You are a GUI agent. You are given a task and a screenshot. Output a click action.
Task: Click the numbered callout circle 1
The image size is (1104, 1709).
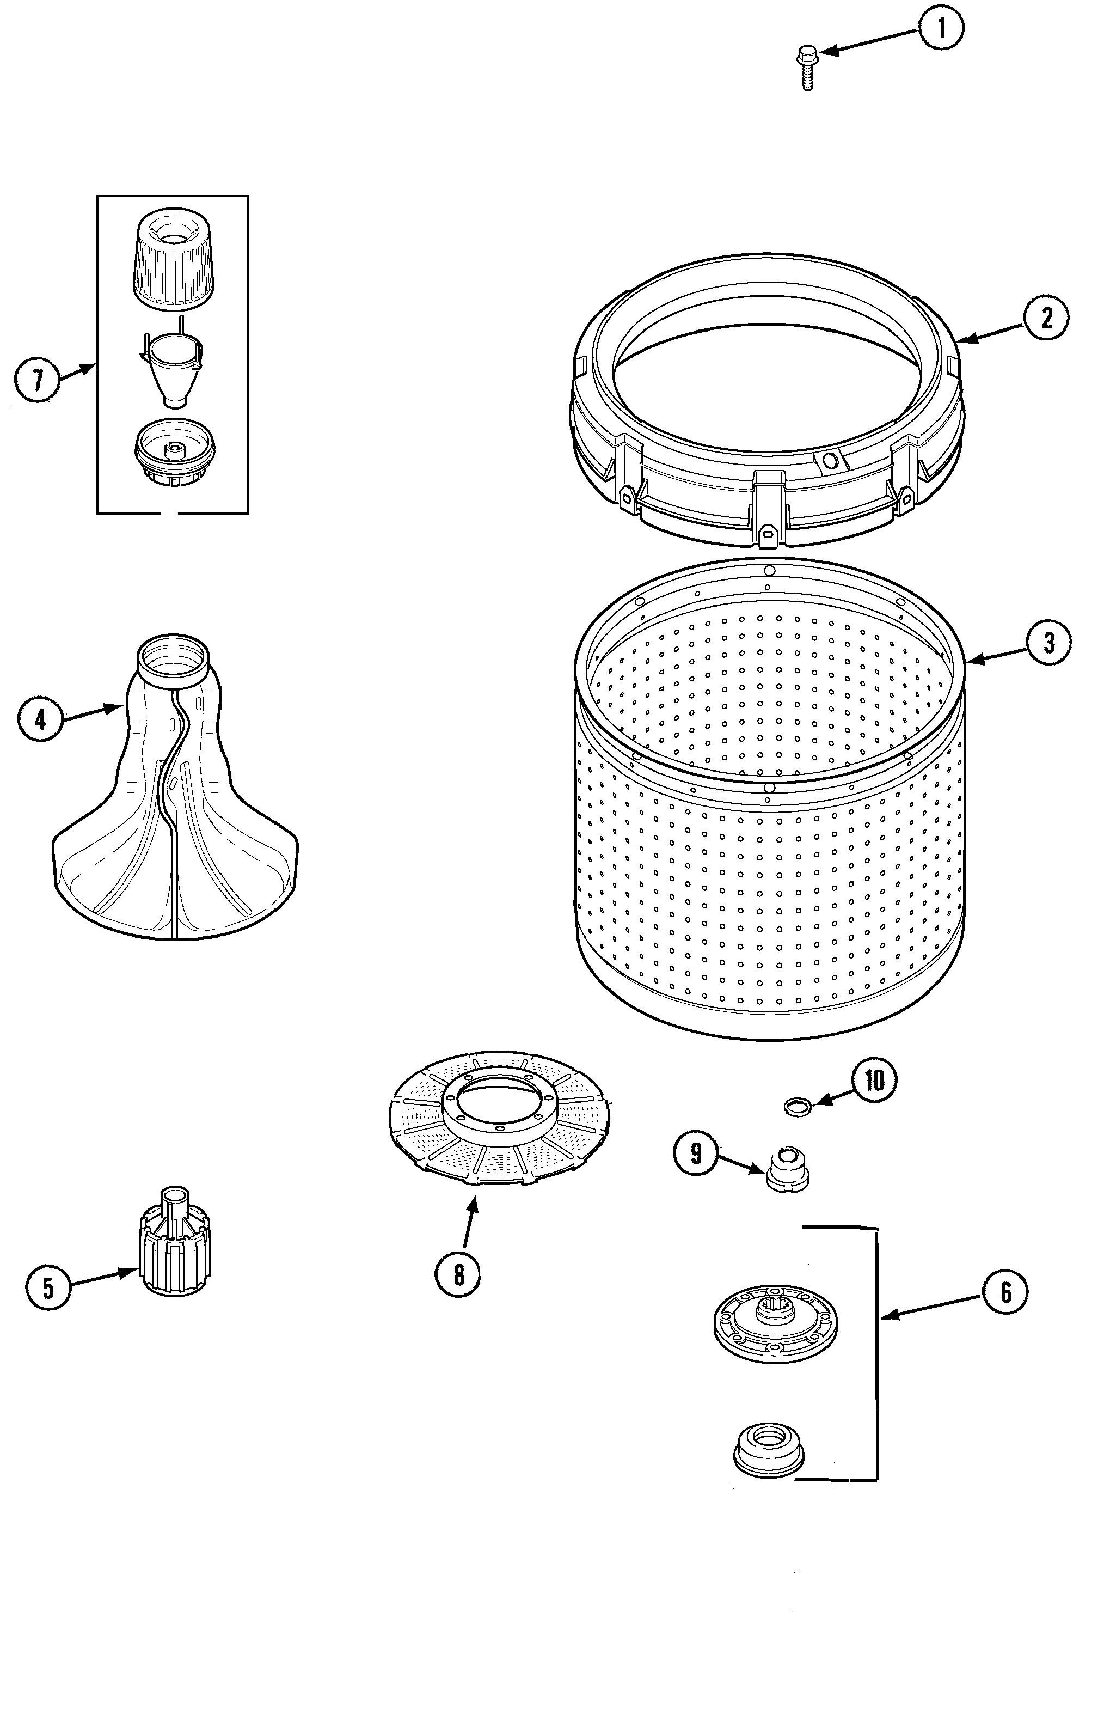941,29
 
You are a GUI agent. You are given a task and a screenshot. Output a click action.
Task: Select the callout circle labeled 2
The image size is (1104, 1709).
1046,317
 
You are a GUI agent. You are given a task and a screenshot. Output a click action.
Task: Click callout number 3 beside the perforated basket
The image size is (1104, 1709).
1049,643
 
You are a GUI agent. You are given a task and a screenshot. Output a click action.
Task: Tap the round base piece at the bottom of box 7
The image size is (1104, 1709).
171,455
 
